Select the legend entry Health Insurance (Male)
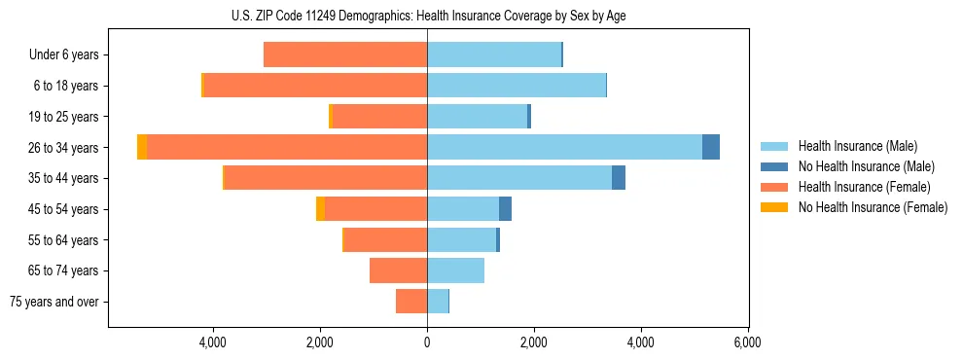856,146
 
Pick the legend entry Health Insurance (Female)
864,187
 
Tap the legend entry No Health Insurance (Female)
873,207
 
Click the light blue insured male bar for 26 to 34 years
564,147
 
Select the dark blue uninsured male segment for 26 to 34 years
711,147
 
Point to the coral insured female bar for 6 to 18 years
315,86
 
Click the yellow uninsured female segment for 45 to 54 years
321,209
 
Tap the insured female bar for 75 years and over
411,302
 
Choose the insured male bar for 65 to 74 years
455,270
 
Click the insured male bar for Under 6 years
494,54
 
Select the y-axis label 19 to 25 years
64,117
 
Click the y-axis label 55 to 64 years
64,240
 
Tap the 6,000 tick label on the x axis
747,342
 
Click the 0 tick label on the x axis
427,342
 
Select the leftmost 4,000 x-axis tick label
212,342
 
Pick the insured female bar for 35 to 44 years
325,178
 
